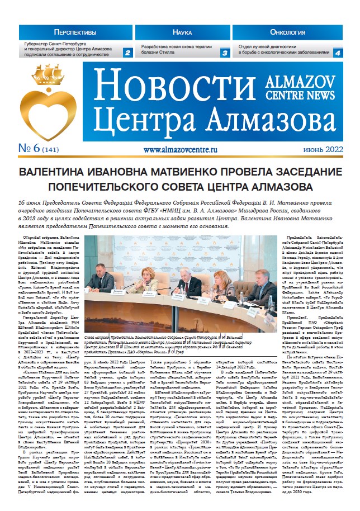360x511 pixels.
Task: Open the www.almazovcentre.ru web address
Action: click(184, 150)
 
